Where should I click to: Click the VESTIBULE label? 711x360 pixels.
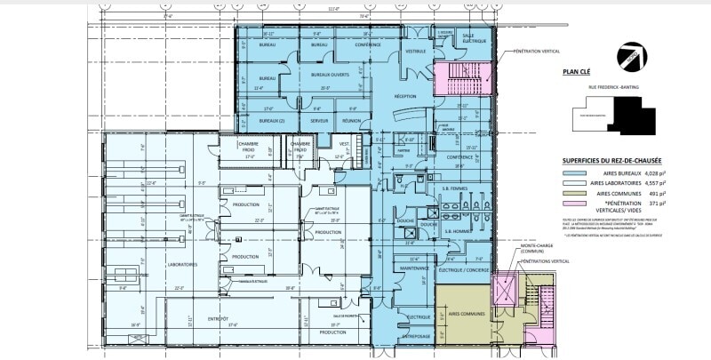tap(416, 52)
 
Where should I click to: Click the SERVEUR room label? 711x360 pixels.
tap(308, 120)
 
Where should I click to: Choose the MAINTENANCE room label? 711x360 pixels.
tap(415, 268)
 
